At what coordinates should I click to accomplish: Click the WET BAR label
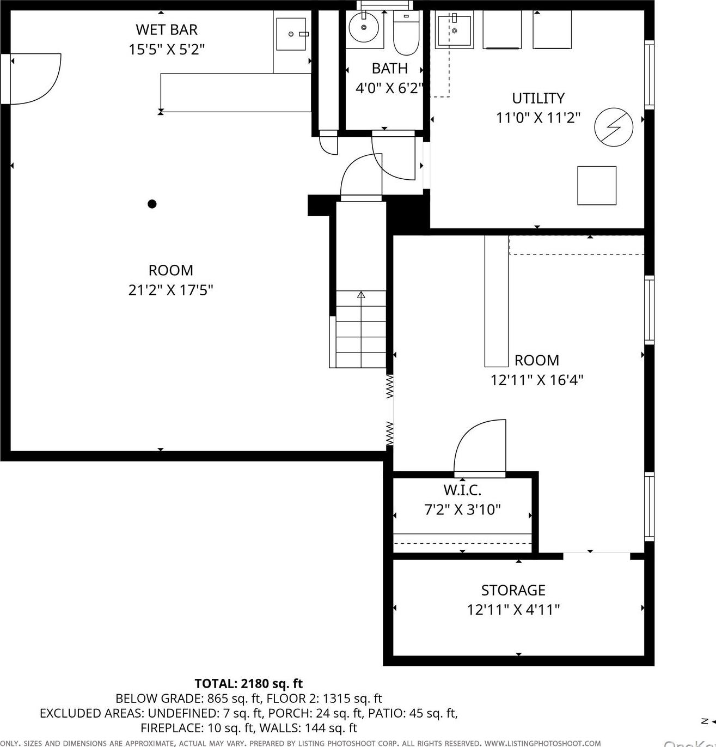click(166, 29)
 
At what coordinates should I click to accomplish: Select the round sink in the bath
click(363, 28)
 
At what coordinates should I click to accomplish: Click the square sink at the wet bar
click(291, 34)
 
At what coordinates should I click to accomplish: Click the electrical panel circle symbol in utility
click(614, 127)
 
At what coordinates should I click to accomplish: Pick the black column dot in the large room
click(152, 204)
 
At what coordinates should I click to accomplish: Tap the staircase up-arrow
click(361, 295)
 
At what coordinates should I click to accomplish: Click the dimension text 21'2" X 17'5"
click(170, 290)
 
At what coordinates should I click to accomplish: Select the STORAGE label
click(513, 590)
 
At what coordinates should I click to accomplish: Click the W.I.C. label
click(462, 490)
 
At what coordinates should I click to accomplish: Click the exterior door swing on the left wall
click(35, 78)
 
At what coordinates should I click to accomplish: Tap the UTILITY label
click(538, 98)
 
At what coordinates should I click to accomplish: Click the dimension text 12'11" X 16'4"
click(537, 380)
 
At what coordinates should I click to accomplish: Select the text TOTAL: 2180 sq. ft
click(248, 683)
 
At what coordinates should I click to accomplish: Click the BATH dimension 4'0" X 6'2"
click(389, 88)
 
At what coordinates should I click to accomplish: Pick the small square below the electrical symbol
click(596, 185)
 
